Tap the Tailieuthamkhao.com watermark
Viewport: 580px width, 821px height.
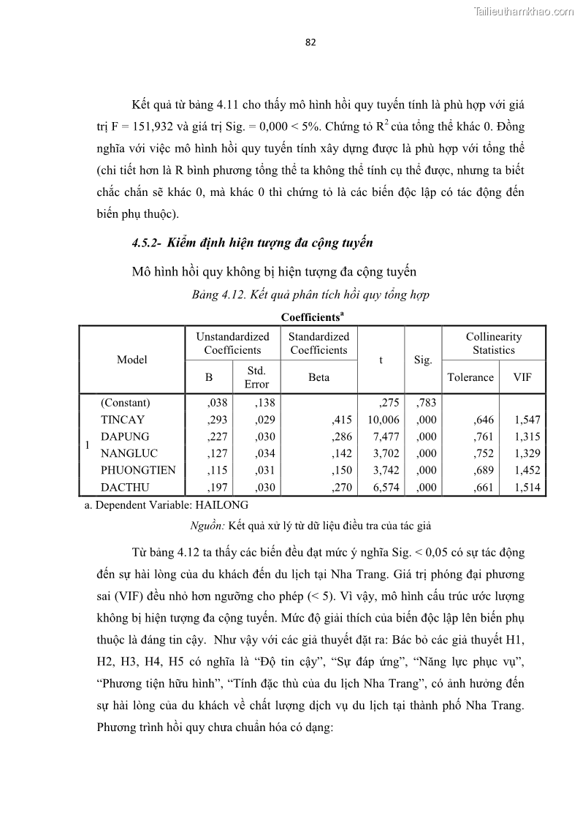(524, 11)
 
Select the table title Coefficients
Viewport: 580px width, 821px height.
(312, 317)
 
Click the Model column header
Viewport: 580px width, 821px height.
(131, 359)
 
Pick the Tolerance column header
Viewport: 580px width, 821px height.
(470, 377)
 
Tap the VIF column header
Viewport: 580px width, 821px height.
(522, 377)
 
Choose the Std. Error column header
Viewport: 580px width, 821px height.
(256, 377)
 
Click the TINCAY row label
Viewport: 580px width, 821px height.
(122, 420)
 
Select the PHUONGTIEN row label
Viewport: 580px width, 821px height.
(138, 470)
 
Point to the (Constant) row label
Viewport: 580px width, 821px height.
(125, 403)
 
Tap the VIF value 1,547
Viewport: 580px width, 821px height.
(527, 420)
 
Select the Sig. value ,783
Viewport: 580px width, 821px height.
(426, 403)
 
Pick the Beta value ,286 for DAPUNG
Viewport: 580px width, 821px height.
(341, 436)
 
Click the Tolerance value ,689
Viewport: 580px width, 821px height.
(484, 470)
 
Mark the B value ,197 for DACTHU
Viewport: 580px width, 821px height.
(218, 487)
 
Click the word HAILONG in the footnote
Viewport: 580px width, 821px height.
(224, 505)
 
